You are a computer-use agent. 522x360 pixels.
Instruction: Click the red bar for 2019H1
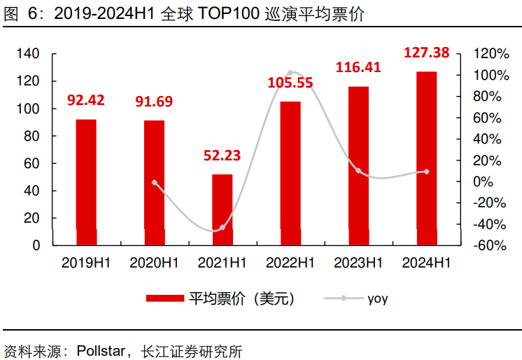click(x=86, y=182)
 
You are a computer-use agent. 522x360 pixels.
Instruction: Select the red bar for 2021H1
click(x=223, y=210)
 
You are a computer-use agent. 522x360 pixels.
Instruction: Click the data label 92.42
click(x=86, y=100)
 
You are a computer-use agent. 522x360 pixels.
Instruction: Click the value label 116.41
click(x=358, y=68)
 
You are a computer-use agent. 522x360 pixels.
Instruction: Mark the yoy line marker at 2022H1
click(x=290, y=73)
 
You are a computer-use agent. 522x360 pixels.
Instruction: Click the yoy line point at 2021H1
click(x=223, y=228)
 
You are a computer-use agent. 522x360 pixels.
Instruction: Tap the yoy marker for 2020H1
click(x=155, y=183)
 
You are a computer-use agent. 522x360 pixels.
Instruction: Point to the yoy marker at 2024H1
click(x=427, y=172)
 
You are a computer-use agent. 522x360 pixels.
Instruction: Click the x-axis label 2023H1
click(x=358, y=263)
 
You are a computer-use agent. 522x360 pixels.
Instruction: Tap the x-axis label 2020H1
click(x=155, y=263)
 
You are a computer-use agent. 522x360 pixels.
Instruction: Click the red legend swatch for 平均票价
click(x=164, y=299)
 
